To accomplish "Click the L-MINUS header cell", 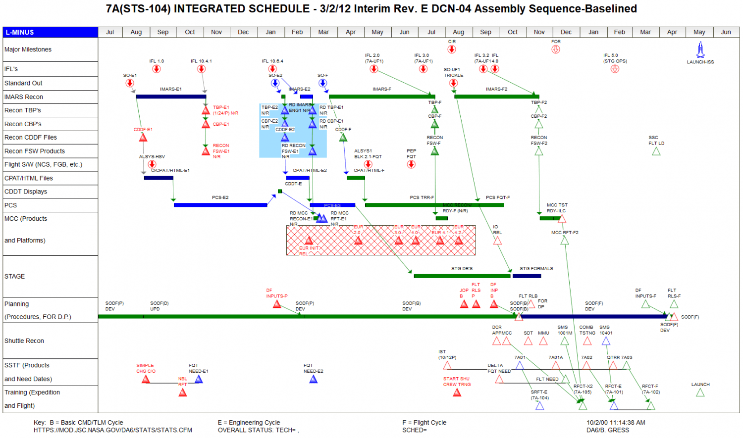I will (x=50, y=32).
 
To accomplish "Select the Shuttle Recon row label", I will (x=24, y=341).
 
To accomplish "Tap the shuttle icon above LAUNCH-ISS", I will (x=700, y=49).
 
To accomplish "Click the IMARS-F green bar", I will (x=382, y=97).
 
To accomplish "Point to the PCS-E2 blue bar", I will (x=220, y=205).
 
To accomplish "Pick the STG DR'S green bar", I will (x=462, y=276).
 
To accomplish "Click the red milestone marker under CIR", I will (x=452, y=49).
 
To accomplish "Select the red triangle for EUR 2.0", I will (x=358, y=241).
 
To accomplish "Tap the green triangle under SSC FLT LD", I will (x=656, y=151).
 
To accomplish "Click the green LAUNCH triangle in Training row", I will (x=700, y=393).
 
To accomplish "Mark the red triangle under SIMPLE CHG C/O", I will (x=146, y=380).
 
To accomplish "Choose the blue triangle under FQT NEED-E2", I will (x=313, y=380).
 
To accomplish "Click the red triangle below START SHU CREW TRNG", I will (x=457, y=393).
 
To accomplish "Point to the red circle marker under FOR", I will (x=556, y=49).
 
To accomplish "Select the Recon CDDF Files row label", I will (x=31, y=138).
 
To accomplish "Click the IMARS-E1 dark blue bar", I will (x=171, y=97).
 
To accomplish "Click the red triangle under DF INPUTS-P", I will (x=277, y=304).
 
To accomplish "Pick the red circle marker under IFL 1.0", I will (x=157, y=69).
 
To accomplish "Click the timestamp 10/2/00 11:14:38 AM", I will (x=616, y=423).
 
